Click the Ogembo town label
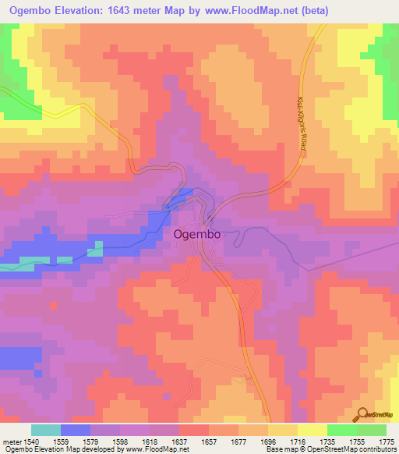(x=196, y=233)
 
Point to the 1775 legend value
(x=387, y=441)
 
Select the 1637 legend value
(x=179, y=441)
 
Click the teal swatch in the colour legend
(x=46, y=430)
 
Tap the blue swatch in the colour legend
(x=76, y=430)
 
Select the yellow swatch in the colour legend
(x=312, y=430)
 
